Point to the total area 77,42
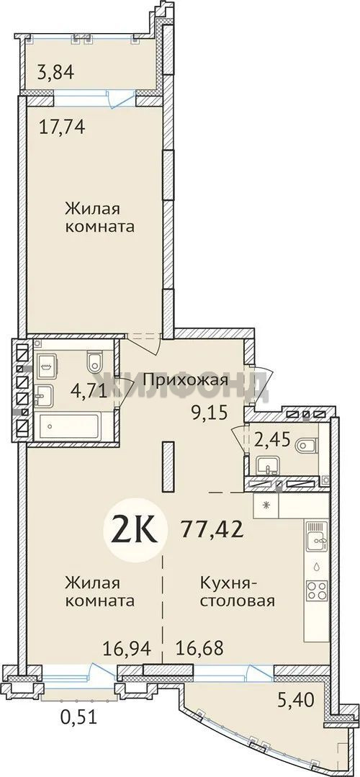[212, 529]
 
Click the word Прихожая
[186, 380]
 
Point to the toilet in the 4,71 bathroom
[94, 362]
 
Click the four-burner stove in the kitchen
[317, 590]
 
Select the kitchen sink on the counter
[316, 536]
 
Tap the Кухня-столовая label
[238, 592]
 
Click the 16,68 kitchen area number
[199, 647]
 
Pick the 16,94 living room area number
[126, 647]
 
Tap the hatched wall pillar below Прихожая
[168, 467]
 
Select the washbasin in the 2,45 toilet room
[267, 464]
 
